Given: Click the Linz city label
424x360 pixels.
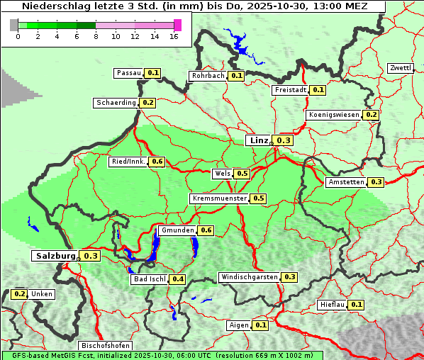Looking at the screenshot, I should click(x=259, y=140).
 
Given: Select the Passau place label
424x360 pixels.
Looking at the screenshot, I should click(x=129, y=73).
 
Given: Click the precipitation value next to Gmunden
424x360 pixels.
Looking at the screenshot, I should click(x=206, y=230).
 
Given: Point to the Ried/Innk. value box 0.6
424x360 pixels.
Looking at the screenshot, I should click(x=157, y=162).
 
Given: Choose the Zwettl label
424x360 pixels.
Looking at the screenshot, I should click(x=400, y=68).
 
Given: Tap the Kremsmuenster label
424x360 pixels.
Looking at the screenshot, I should click(x=219, y=198).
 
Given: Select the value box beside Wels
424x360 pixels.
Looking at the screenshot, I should click(x=242, y=174).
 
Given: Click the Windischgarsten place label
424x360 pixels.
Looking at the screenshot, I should click(x=249, y=276).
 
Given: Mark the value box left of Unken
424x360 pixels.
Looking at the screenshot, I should click(x=20, y=294).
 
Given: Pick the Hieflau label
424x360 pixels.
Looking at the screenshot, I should click(x=333, y=305).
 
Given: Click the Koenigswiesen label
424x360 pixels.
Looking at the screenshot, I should click(x=334, y=115).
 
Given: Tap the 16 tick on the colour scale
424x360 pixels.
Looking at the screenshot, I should click(x=174, y=36).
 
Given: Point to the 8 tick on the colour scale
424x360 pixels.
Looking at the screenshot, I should click(x=96, y=36).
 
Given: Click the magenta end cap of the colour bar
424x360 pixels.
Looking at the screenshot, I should click(x=177, y=25).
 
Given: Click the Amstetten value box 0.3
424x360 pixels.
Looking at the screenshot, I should click(x=376, y=182).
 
